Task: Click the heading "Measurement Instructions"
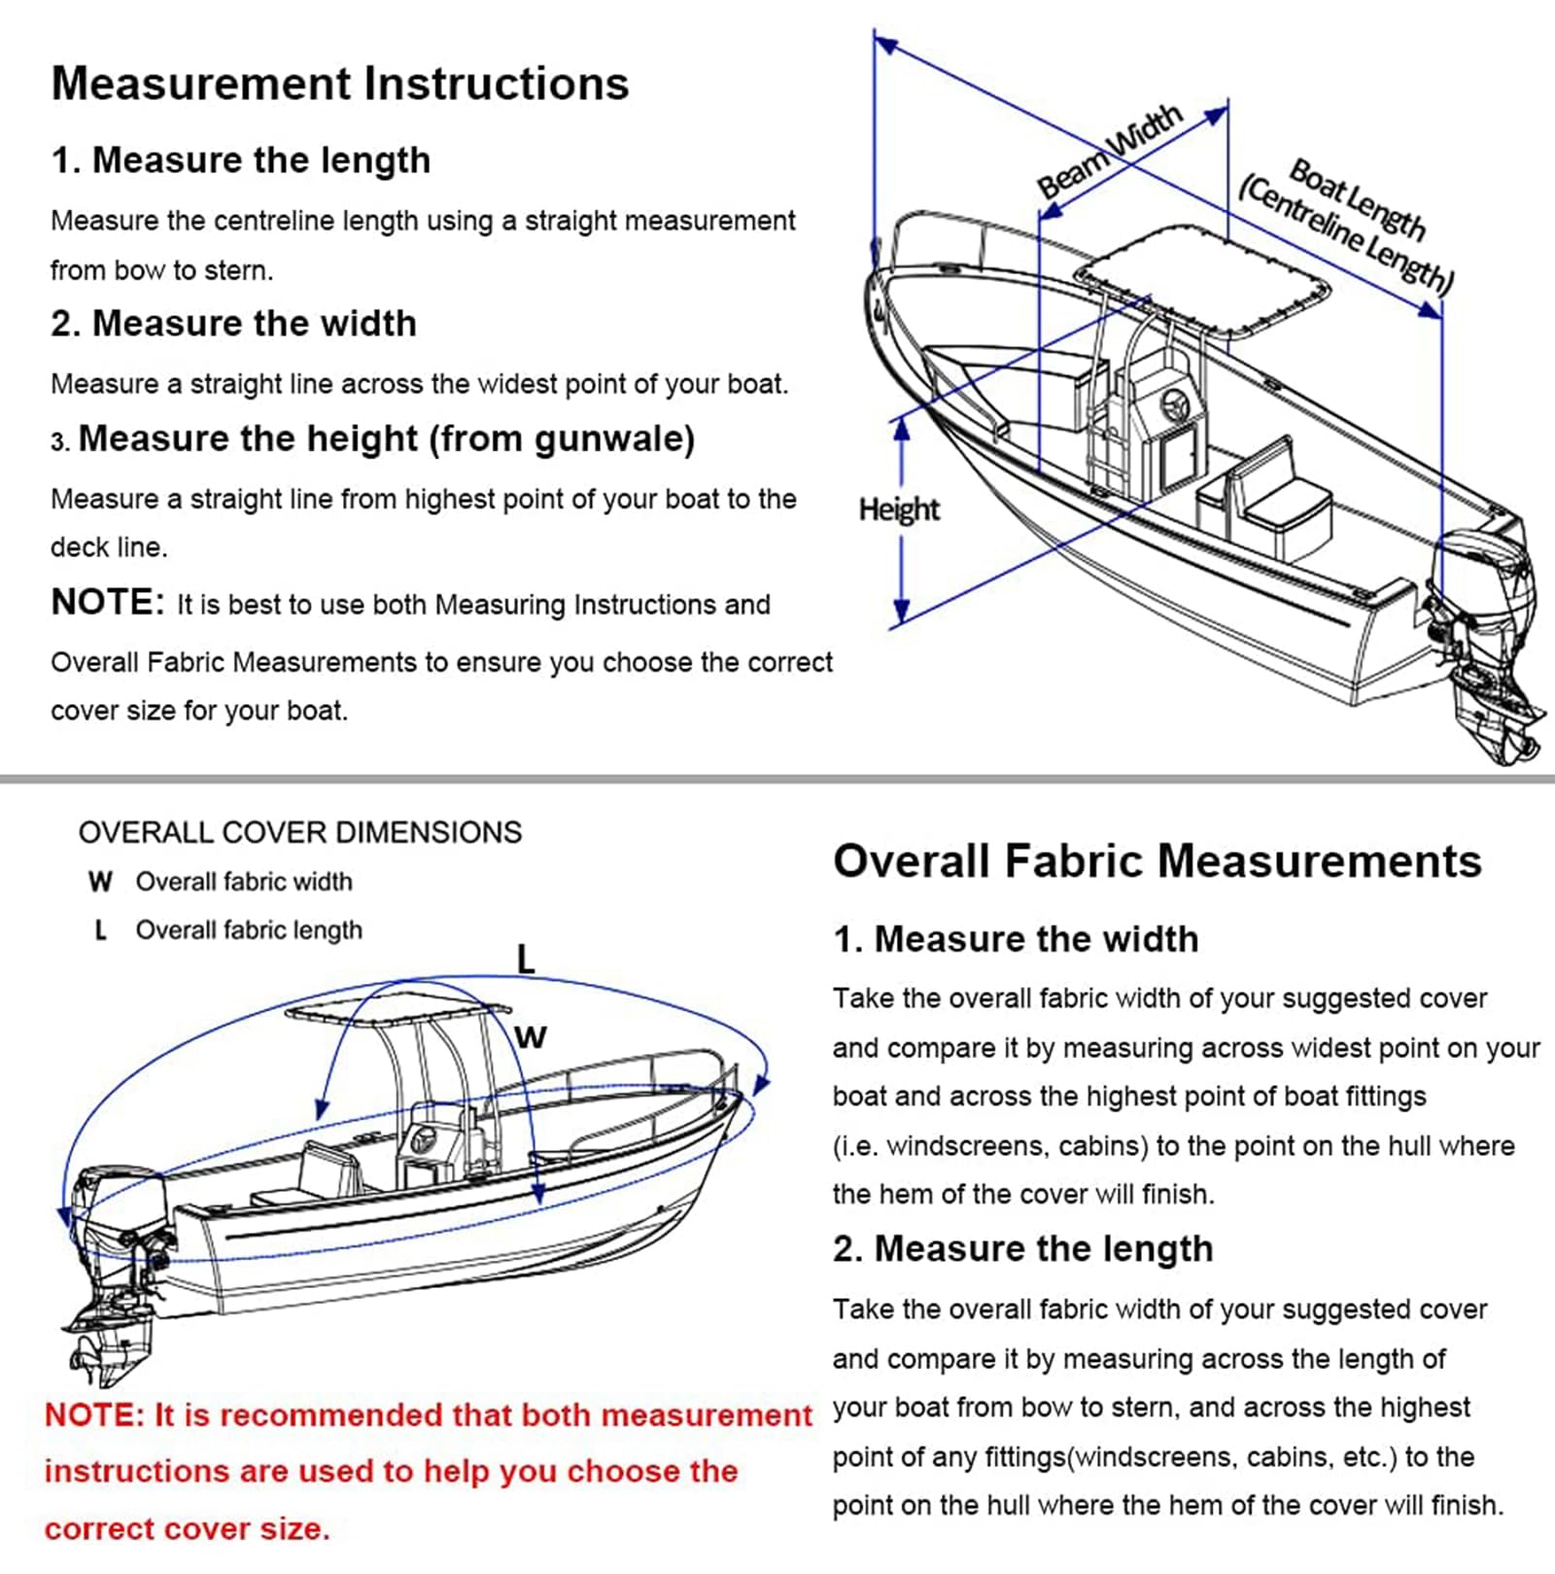(339, 84)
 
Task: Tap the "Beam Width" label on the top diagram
(1109, 152)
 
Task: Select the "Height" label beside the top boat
(899, 509)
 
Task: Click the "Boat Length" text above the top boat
(1357, 199)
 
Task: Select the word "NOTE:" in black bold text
(107, 603)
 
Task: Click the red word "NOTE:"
(94, 1415)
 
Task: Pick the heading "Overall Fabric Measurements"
(1157, 861)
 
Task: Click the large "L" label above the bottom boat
(526, 960)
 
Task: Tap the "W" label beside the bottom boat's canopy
(531, 1036)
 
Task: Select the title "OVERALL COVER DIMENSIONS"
(300, 832)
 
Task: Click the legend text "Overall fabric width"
(244, 882)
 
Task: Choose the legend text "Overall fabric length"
(249, 930)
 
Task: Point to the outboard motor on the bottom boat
(112, 1264)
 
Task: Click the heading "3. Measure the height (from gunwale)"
(373, 439)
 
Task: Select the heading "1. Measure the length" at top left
(240, 160)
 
